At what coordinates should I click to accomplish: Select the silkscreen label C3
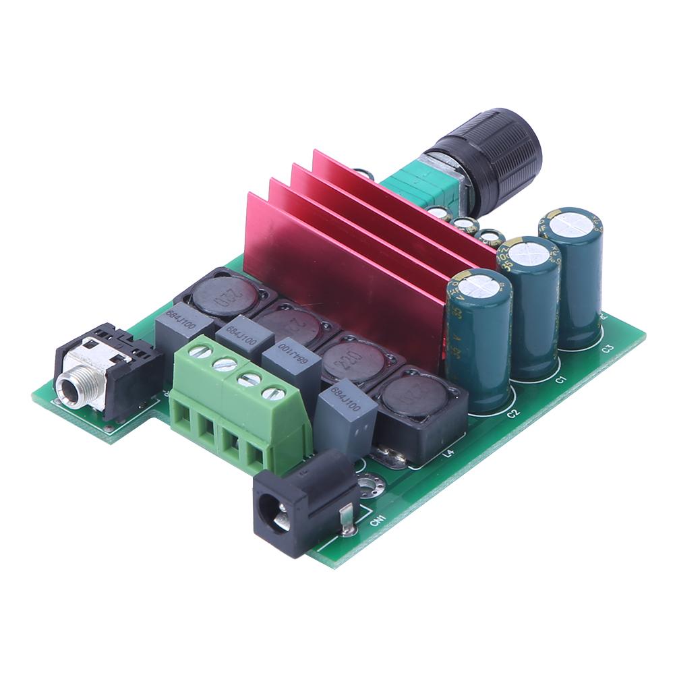click(607, 349)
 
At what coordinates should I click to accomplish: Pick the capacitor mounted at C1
click(528, 307)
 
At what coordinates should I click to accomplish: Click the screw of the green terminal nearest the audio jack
click(196, 351)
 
